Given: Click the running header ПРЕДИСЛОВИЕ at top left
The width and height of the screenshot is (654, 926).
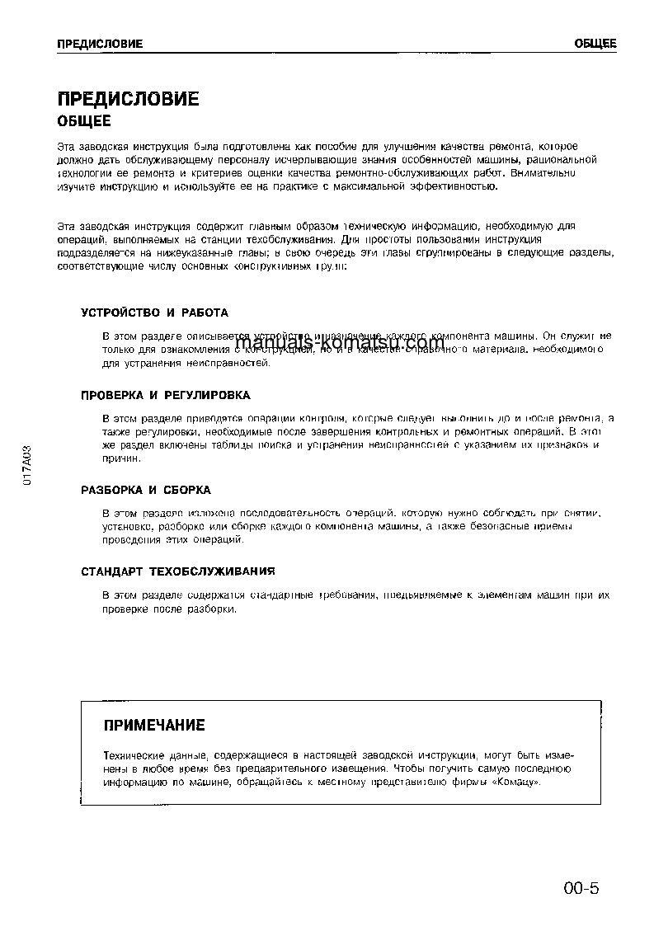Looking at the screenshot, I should [x=100, y=44].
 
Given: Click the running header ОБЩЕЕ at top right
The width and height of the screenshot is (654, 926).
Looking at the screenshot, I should [x=594, y=44].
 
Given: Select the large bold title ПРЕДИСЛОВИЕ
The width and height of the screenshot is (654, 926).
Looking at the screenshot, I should [x=128, y=100].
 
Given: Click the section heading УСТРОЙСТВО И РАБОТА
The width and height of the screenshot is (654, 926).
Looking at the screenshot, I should [x=154, y=313].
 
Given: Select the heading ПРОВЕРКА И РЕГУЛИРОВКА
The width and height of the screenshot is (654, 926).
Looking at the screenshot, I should [x=165, y=396].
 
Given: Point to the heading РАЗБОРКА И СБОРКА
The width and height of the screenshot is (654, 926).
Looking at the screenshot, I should [x=146, y=490].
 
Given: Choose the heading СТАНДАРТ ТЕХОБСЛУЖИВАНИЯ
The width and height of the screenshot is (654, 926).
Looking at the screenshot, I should [x=177, y=571].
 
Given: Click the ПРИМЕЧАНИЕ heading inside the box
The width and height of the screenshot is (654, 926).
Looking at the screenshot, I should [x=153, y=726].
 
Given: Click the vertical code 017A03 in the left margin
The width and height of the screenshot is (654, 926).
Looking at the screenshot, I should [x=27, y=467].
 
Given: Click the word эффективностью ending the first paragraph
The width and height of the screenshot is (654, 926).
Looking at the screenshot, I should [x=454, y=187].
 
